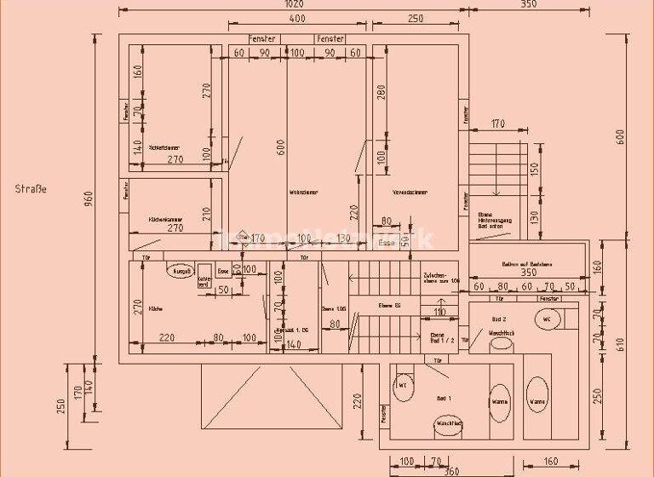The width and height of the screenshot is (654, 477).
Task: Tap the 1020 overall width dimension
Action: point(295,3)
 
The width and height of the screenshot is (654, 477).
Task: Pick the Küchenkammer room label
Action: point(164,219)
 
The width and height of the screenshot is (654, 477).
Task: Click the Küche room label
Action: point(155,308)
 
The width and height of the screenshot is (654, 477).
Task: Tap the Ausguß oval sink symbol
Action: point(181,272)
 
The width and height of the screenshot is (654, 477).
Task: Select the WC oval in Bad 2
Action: point(547,319)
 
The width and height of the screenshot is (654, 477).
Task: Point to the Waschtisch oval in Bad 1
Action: point(448,423)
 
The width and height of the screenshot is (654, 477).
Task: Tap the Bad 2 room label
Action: point(499,319)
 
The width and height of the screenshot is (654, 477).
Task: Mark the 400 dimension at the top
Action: point(297,19)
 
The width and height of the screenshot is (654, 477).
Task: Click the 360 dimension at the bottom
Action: point(451,470)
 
